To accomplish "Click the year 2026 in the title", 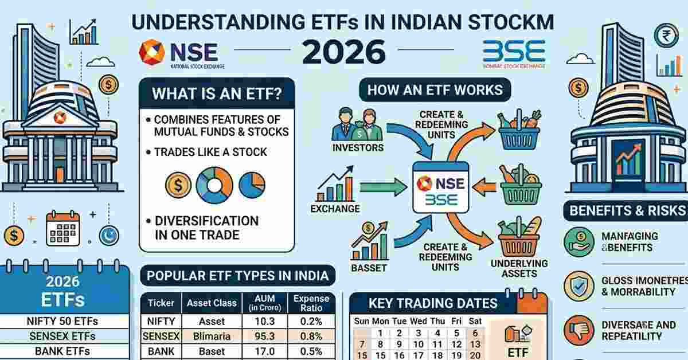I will (343, 52).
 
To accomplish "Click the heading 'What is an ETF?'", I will (217, 93).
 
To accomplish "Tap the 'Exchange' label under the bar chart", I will (335, 209).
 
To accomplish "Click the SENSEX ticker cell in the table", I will (161, 336).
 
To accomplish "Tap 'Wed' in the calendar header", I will (419, 321).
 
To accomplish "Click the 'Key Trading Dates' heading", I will (433, 303).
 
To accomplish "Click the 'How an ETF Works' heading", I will (435, 89).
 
